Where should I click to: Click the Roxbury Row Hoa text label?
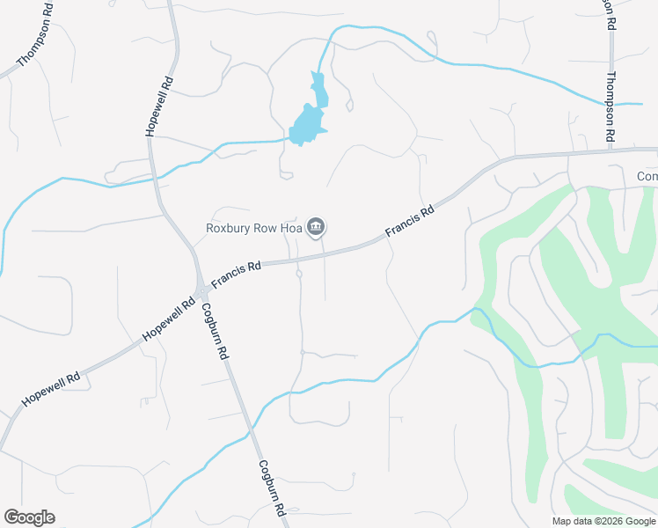[x=253, y=228]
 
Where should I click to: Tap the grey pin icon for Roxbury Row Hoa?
[x=317, y=229]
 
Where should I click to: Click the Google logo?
[x=29, y=517]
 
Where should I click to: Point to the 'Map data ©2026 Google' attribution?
[x=603, y=521]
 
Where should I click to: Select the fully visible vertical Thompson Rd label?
[x=608, y=106]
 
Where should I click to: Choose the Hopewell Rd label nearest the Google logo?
[x=51, y=387]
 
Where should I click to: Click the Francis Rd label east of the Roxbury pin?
[x=410, y=222]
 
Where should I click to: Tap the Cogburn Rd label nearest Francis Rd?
[x=216, y=330]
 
